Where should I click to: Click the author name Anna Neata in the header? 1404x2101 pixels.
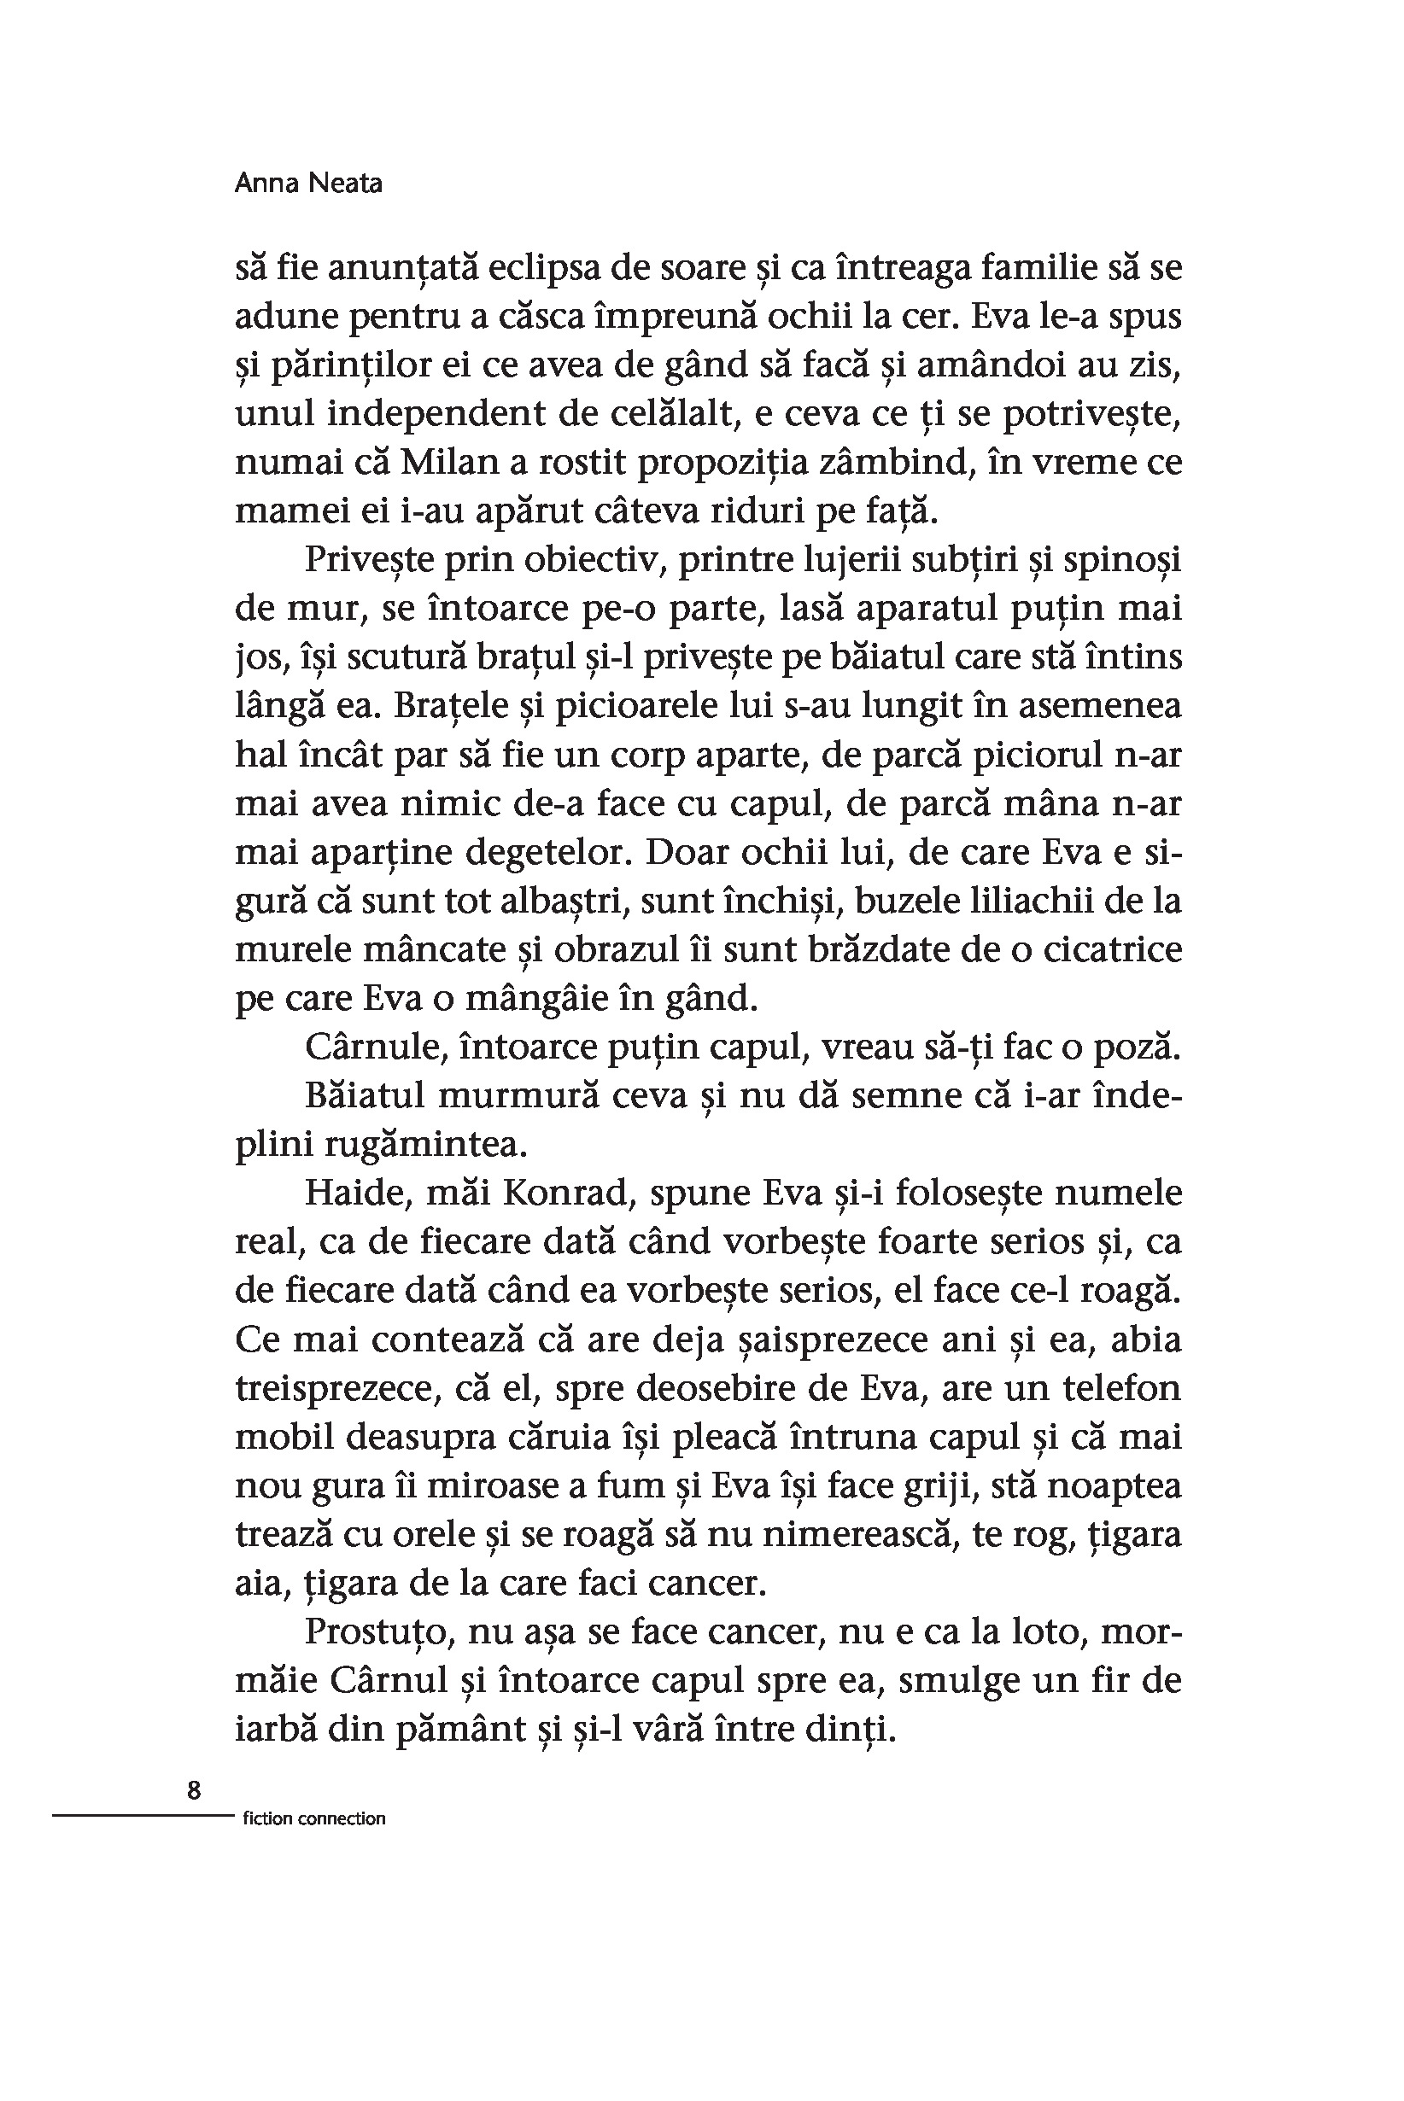pyautogui.click(x=308, y=184)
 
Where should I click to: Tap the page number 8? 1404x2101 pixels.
pyautogui.click(x=195, y=1789)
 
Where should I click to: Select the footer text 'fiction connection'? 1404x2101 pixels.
pyautogui.click(x=313, y=1818)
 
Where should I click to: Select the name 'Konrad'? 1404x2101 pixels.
pyautogui.click(x=565, y=1193)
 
